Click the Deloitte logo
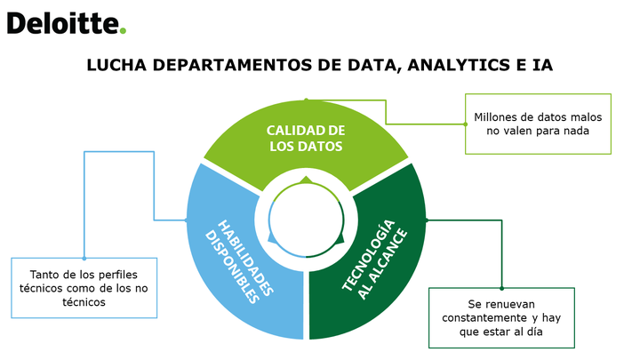click(x=67, y=23)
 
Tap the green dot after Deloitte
click(x=123, y=30)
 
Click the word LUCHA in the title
click(x=116, y=65)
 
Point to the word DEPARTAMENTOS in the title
click(x=232, y=65)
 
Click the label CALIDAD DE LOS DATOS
click(x=306, y=139)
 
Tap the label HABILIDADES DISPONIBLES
click(x=239, y=261)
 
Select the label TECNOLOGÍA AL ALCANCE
click(x=374, y=260)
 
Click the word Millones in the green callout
click(x=492, y=117)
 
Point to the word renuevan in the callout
click(x=509, y=305)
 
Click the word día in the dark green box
click(x=535, y=332)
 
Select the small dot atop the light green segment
click(x=306, y=100)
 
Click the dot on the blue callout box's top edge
click(x=84, y=258)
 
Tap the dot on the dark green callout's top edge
click(x=501, y=288)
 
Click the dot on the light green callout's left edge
click(x=465, y=124)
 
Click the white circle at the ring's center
click(x=306, y=220)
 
